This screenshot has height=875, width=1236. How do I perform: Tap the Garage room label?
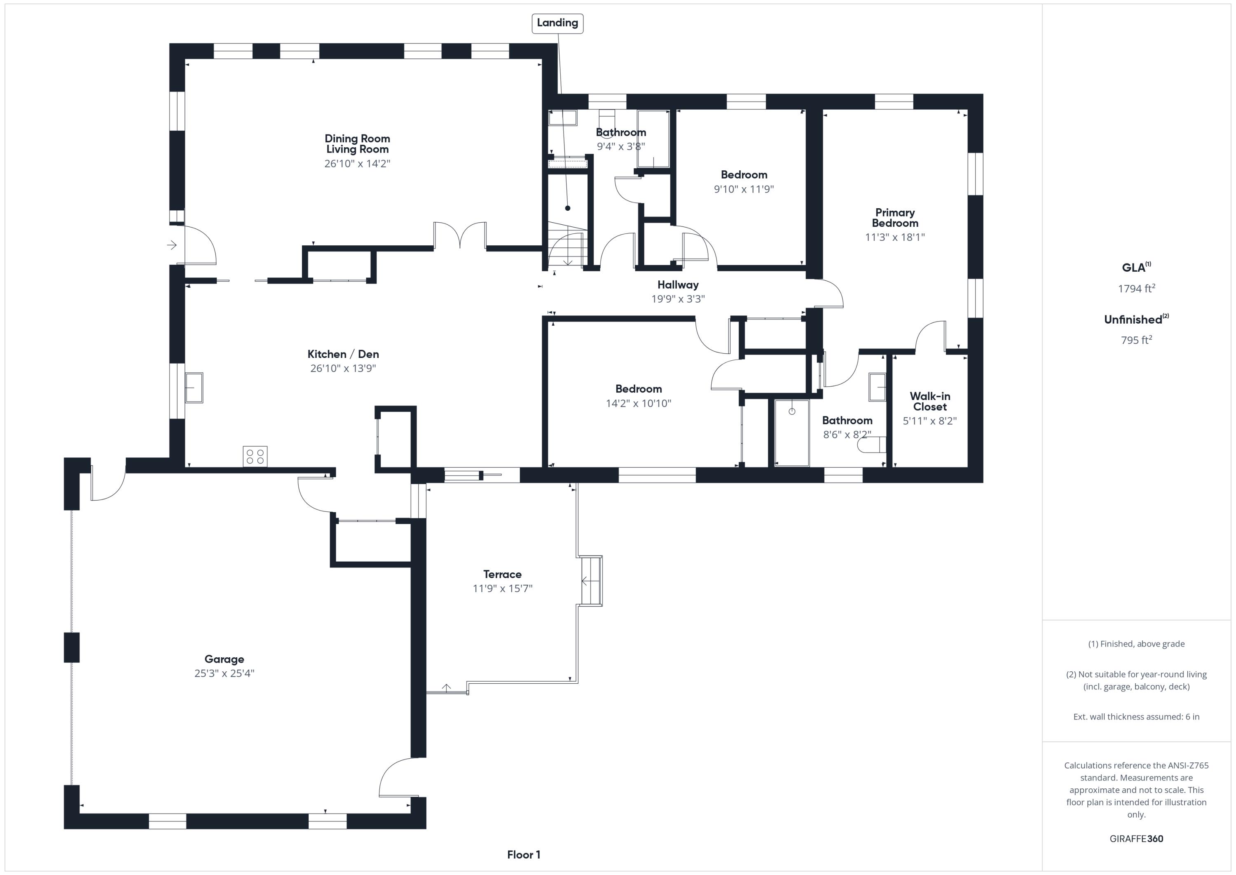[224, 659]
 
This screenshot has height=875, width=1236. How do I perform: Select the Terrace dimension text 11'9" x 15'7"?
[502, 588]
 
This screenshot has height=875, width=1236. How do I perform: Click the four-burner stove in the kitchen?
[255, 456]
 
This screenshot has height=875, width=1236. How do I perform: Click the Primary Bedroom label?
[895, 218]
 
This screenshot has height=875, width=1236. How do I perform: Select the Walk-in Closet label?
[930, 401]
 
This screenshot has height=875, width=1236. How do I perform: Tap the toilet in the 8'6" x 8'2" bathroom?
[871, 445]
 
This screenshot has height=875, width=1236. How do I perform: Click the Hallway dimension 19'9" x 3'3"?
[678, 299]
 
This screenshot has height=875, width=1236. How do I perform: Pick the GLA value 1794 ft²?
[1136, 289]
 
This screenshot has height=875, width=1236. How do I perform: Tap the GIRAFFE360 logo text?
[1136, 839]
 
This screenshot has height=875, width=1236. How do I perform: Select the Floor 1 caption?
[523, 854]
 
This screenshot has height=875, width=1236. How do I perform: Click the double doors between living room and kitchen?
[460, 235]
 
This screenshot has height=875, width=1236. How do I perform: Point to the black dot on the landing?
[567, 208]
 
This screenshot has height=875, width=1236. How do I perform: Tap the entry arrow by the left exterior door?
[172, 245]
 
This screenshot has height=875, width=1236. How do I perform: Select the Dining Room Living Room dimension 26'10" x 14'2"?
[357, 163]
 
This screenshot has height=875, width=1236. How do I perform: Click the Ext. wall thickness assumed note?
[1136, 717]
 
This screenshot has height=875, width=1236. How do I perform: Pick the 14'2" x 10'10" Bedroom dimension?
[639, 404]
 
